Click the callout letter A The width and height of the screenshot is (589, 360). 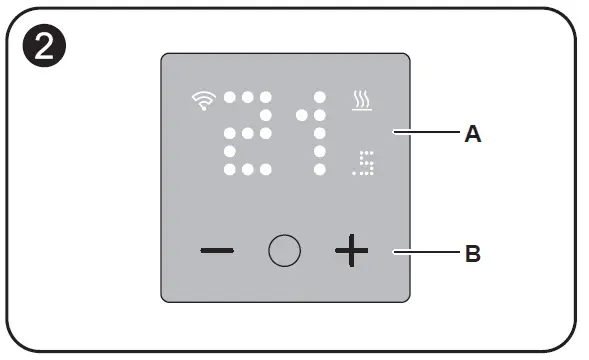tap(473, 132)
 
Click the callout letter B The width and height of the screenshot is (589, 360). tap(473, 254)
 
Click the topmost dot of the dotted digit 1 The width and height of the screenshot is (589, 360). tap(320, 98)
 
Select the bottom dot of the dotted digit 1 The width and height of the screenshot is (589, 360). tap(320, 170)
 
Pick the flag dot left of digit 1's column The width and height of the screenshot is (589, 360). tap(302, 115)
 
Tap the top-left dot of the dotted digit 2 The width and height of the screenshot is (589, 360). tap(230, 98)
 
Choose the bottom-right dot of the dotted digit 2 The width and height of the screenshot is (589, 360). tap(266, 170)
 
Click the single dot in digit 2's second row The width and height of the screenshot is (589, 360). tap(266, 116)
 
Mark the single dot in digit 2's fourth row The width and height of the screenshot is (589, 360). tap(230, 152)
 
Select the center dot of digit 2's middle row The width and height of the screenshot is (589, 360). tap(248, 134)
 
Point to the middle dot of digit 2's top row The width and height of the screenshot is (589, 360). tap(248, 98)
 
